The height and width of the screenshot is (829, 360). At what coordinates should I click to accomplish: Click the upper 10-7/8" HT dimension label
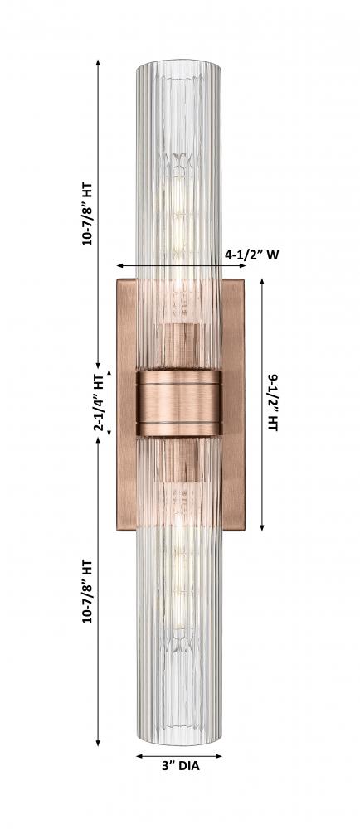(x=87, y=214)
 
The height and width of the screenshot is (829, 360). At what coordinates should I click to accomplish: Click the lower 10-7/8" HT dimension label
(x=87, y=591)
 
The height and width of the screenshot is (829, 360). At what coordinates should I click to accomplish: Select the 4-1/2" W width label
(x=252, y=255)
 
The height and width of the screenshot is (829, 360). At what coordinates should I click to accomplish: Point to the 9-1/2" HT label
(x=273, y=403)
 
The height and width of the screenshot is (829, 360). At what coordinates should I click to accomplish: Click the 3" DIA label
(x=181, y=765)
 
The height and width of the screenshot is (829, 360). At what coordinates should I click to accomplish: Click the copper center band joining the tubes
(x=179, y=403)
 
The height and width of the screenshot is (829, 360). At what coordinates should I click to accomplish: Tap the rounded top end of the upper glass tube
(x=179, y=65)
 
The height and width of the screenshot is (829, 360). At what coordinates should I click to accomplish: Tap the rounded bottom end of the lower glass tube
(x=179, y=739)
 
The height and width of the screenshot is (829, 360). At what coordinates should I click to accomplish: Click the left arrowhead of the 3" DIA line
(x=139, y=756)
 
